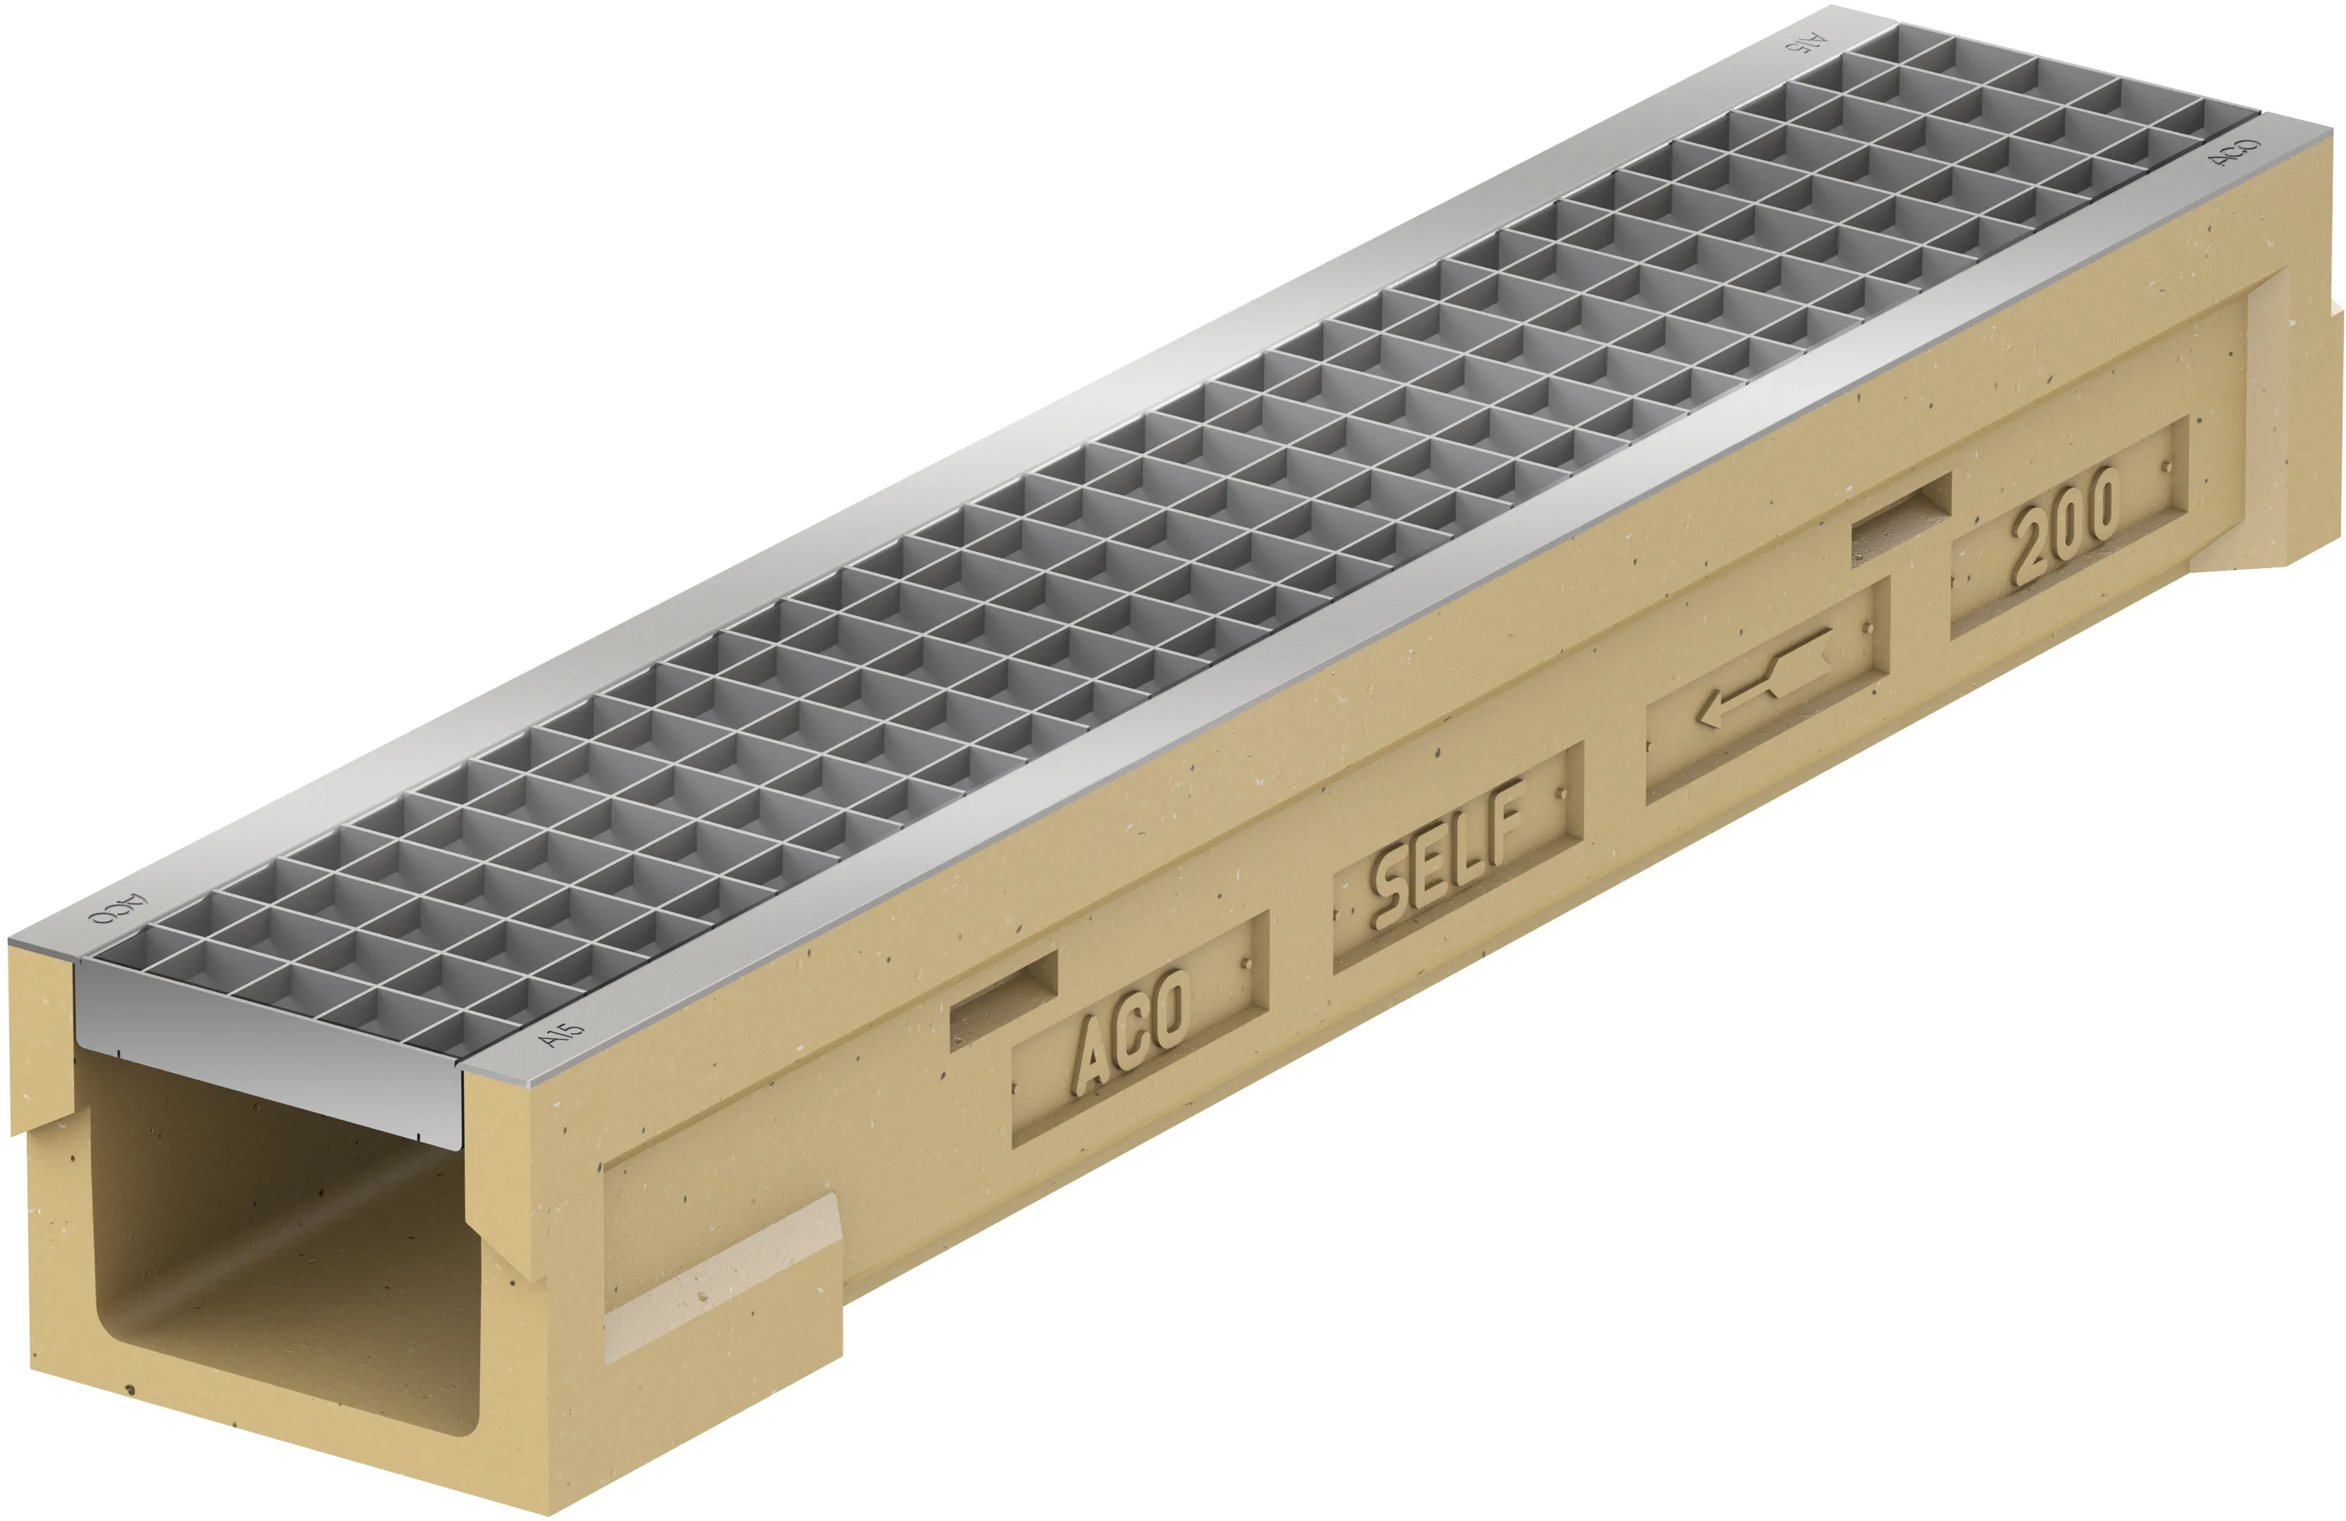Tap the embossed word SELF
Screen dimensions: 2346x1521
pos(1448,854)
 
